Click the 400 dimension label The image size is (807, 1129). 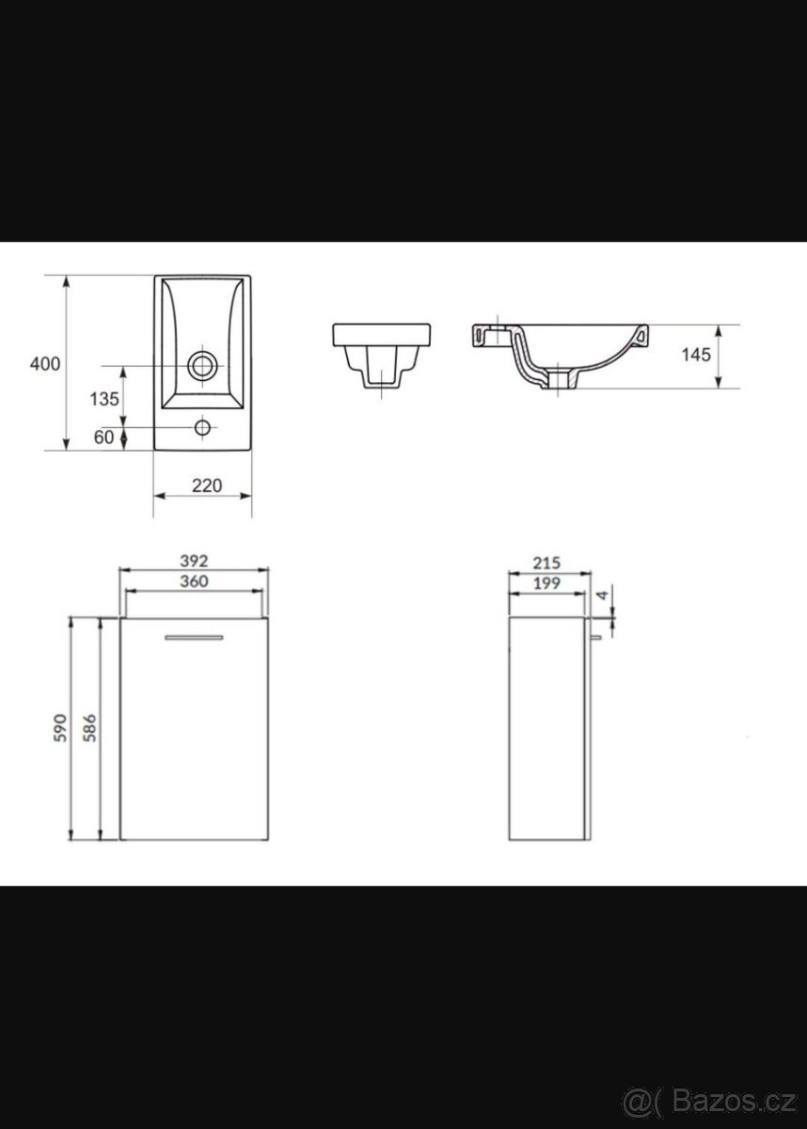tap(45, 363)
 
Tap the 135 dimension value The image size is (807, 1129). tap(104, 399)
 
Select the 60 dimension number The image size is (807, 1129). tap(103, 437)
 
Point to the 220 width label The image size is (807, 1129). tap(207, 485)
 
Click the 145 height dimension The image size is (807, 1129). tap(696, 355)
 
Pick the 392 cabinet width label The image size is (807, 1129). tap(194, 561)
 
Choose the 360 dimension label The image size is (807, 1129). tap(194, 581)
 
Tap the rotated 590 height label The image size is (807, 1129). tap(60, 727)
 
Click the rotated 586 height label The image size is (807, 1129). tap(89, 727)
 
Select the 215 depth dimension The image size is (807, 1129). tap(546, 563)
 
